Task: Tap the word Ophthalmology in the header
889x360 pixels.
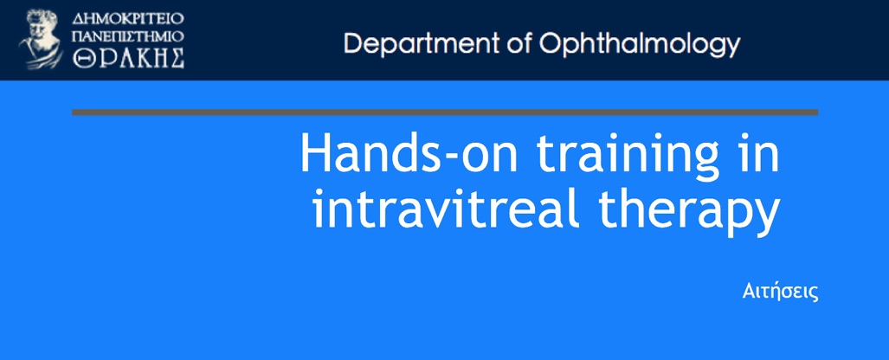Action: pos(640,43)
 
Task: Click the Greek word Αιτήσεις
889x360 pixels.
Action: pos(780,292)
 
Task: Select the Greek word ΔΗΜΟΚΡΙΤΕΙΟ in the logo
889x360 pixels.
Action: pos(128,18)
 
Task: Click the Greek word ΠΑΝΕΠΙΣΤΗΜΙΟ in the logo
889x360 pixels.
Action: pos(128,37)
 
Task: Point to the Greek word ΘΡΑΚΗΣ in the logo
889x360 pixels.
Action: pos(128,58)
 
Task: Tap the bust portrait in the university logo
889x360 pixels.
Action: pos(42,39)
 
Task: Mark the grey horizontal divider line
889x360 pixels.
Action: pos(445,112)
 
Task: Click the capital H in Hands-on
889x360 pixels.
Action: pos(315,152)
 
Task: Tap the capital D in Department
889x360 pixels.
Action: pos(353,43)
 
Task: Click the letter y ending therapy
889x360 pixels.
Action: pos(768,218)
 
